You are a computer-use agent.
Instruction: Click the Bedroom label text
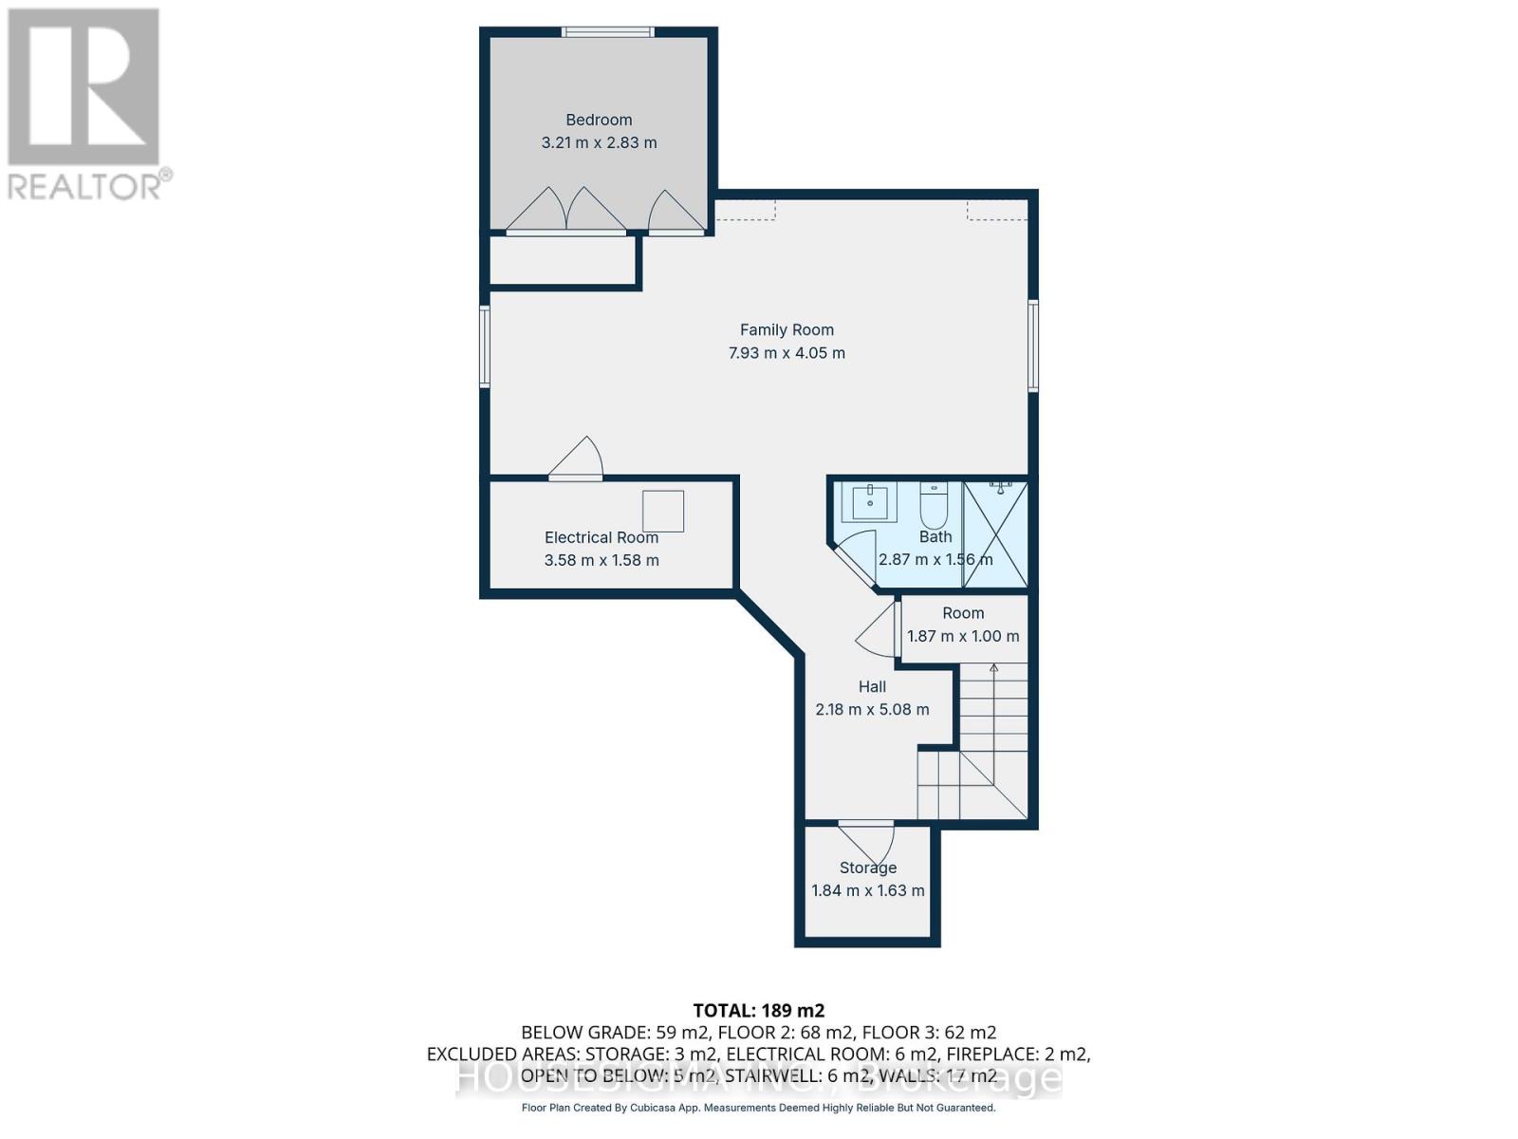coord(599,120)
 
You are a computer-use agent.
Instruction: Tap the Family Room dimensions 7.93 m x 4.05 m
coord(787,353)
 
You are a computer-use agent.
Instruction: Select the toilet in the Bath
coord(934,507)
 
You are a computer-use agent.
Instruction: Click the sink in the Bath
coord(869,502)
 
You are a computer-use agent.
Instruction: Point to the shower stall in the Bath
coord(995,533)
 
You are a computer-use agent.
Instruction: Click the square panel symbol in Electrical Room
coord(663,512)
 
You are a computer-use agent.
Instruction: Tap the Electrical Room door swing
coord(577,459)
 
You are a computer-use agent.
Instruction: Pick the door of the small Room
coord(879,630)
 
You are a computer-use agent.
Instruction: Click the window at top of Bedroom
coord(607,32)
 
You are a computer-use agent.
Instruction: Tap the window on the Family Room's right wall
coord(1033,345)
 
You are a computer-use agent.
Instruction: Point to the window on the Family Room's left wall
coord(485,345)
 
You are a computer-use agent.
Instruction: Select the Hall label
coord(872,687)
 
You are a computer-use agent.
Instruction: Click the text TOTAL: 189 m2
coord(758,1011)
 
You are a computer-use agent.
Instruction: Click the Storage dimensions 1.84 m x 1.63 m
coord(867,891)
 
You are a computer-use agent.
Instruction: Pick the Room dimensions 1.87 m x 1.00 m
coord(963,637)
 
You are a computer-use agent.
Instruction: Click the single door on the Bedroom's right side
coord(676,214)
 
